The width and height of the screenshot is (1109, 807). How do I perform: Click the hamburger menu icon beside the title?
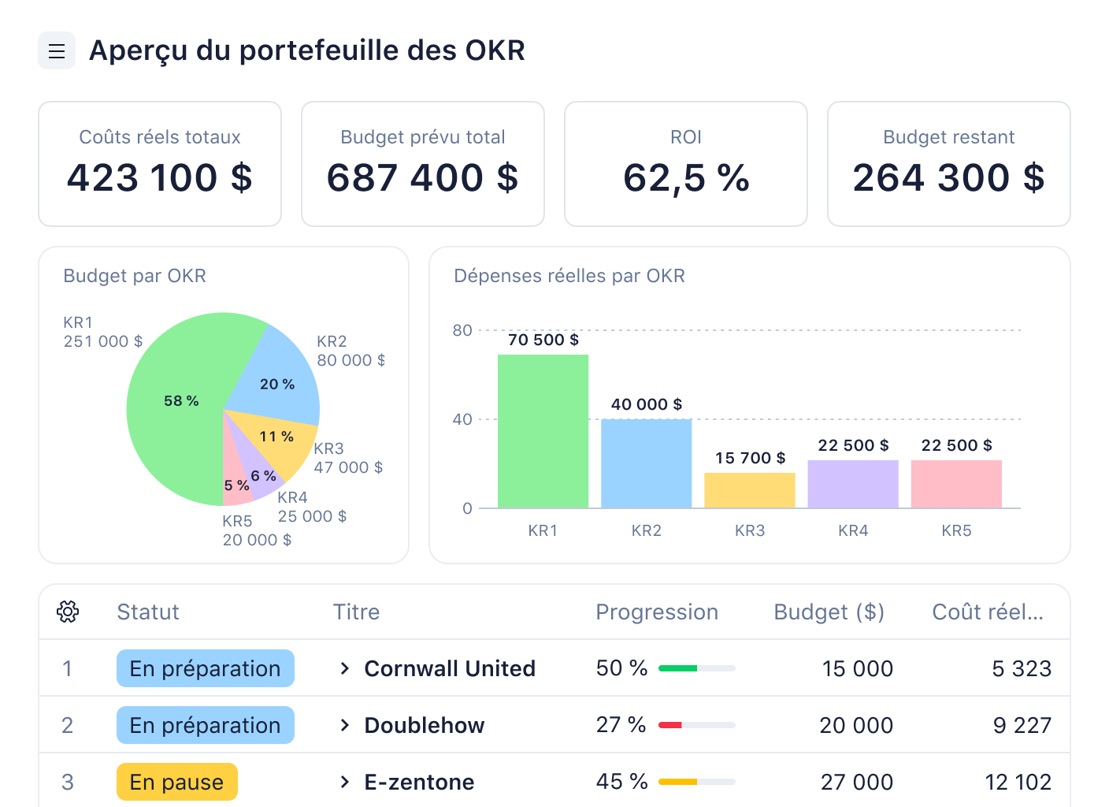click(x=57, y=51)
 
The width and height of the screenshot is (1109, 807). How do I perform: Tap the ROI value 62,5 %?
click(x=685, y=178)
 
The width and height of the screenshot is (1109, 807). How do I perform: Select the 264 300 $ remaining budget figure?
click(x=948, y=178)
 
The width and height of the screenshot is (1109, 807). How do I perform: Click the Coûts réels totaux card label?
click(x=160, y=137)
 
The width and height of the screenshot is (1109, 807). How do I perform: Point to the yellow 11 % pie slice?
click(x=276, y=441)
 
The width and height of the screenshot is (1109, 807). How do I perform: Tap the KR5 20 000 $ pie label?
click(x=256, y=531)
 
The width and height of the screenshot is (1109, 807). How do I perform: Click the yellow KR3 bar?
click(x=749, y=490)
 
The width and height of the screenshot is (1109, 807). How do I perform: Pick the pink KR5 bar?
click(x=956, y=484)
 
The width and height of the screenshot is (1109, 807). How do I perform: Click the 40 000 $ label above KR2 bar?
click(x=646, y=404)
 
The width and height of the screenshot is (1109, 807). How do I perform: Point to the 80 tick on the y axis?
click(x=462, y=330)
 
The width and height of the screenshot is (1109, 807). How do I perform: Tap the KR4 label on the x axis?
click(x=853, y=530)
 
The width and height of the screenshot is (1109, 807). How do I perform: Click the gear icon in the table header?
click(x=68, y=612)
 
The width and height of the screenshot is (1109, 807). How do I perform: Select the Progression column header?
click(x=657, y=612)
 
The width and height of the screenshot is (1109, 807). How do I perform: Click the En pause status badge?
click(x=176, y=782)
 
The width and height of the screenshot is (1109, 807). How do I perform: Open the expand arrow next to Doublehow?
click(x=344, y=725)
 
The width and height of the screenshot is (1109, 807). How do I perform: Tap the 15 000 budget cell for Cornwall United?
click(x=857, y=669)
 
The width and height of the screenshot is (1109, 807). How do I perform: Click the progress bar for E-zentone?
click(x=696, y=782)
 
